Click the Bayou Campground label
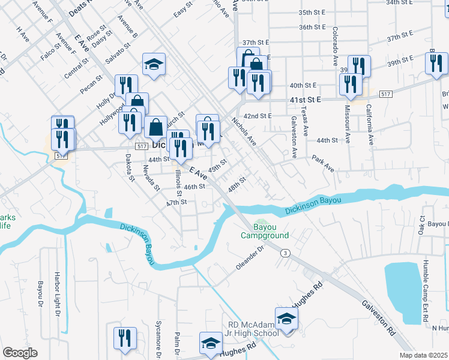[265, 231]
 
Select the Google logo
[20, 353]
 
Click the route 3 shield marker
[285, 253]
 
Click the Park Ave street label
[322, 162]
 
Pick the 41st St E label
[305, 99]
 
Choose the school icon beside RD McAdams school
[286, 319]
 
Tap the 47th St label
[177, 202]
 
